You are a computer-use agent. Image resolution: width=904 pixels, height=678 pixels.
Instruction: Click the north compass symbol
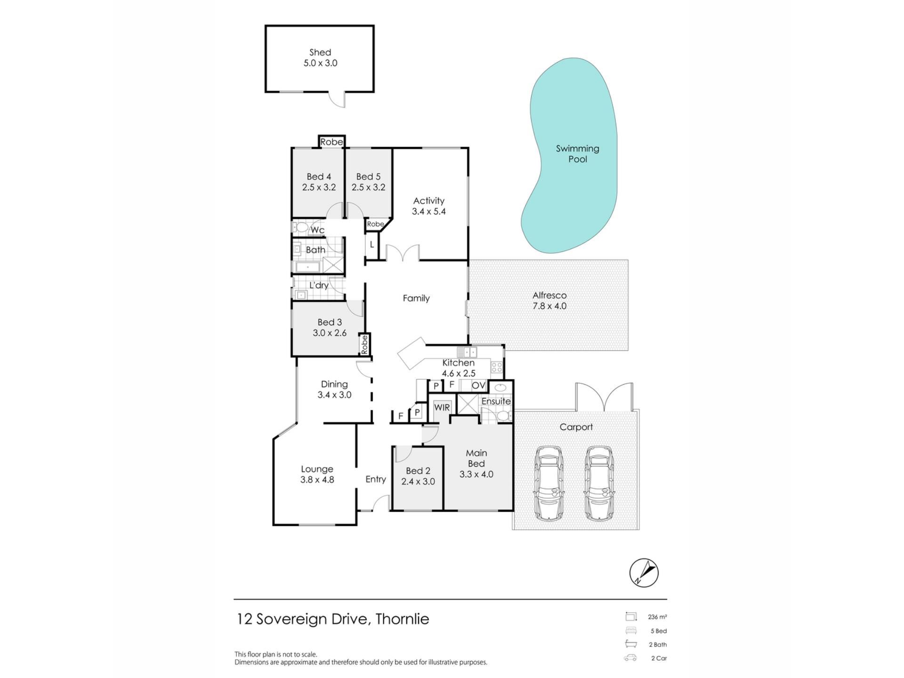pos(644,573)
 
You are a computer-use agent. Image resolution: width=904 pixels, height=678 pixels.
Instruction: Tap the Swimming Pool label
pos(578,154)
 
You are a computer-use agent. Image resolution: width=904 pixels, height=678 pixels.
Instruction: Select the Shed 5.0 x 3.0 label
pos(320,58)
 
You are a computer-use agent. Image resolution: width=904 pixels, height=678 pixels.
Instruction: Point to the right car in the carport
pos(599,484)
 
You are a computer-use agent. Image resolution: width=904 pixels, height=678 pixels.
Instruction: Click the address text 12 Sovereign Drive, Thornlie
pos(333,619)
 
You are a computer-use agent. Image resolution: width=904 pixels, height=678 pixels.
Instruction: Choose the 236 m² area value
pos(657,617)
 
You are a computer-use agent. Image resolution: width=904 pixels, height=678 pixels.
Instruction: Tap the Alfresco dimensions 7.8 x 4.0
pos(549,306)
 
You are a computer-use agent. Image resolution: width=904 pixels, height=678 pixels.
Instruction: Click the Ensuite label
pos(496,401)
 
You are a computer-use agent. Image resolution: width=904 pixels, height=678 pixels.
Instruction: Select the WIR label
pos(442,407)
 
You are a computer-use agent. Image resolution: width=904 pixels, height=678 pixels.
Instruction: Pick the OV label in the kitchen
pos(478,386)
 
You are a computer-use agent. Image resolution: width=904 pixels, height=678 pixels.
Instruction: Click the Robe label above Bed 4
pos(331,142)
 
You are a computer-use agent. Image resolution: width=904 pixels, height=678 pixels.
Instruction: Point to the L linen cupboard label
pos(372,245)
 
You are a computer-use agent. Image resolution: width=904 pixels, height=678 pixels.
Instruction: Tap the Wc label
pos(318,230)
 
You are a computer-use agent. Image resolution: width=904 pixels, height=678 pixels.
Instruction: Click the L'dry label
pos(319,285)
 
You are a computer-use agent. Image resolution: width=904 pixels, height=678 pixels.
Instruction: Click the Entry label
pos(376,479)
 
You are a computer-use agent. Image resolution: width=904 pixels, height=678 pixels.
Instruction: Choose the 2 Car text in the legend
pos(659,658)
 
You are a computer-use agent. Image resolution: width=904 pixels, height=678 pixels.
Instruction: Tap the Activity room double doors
pos(403,252)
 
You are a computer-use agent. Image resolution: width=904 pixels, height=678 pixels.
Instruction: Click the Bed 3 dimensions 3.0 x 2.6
pos(330,333)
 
